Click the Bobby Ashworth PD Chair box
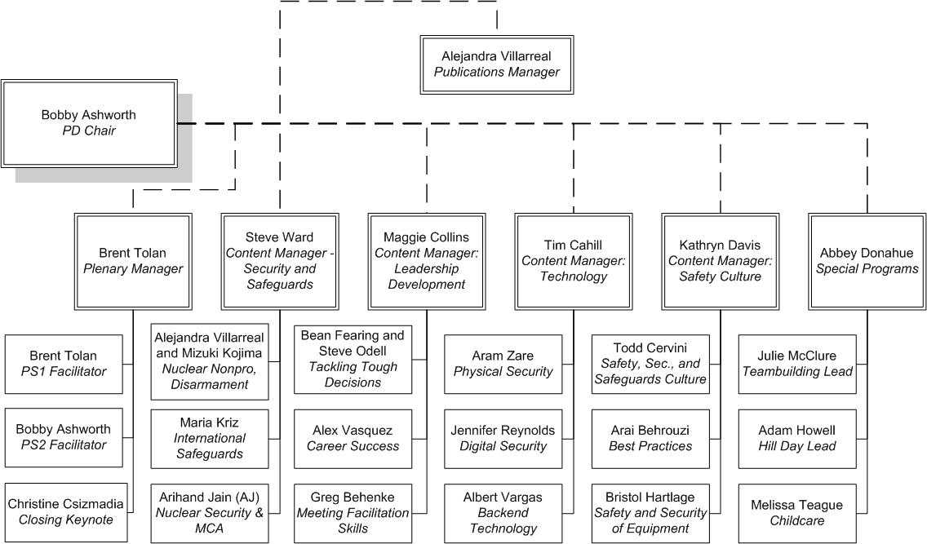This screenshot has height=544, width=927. (x=89, y=123)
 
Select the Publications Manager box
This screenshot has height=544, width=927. (x=497, y=64)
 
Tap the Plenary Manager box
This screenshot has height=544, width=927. (x=133, y=261)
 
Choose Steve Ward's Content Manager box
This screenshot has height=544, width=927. (x=280, y=261)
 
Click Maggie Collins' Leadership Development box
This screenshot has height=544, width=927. (x=427, y=261)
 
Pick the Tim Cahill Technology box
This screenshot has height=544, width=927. (x=574, y=261)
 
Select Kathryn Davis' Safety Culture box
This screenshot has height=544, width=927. (x=720, y=261)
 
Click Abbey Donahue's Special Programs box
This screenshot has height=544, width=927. (x=867, y=261)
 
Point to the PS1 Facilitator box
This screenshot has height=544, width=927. (x=64, y=365)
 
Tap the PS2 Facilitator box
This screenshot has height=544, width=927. (x=64, y=438)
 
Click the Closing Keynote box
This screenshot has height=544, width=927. (x=66, y=512)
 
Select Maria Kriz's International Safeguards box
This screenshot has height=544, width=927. (x=210, y=439)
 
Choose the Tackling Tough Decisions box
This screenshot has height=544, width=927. (x=353, y=359)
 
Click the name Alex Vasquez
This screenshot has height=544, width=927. (x=353, y=431)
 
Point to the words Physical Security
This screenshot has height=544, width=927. (x=503, y=372)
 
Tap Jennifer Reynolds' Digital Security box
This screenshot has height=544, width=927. (x=503, y=439)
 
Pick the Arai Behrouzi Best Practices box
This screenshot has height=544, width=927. (x=650, y=439)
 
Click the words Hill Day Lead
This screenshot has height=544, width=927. (x=797, y=446)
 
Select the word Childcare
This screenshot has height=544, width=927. (x=797, y=520)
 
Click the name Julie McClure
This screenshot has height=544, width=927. (x=797, y=356)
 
